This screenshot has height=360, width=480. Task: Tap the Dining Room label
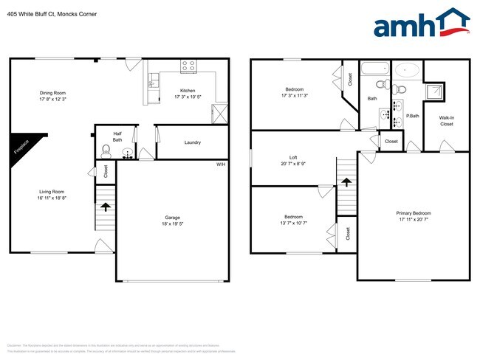pos(53,93)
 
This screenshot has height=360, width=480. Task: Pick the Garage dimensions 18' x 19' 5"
pos(173,223)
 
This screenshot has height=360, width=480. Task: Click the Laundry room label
pos(193,142)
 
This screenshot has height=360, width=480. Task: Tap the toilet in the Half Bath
pos(106,153)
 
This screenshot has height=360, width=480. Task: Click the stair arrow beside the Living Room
pos(106,207)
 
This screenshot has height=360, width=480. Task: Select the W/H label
pos(220,164)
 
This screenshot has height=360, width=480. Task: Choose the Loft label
pos(293,157)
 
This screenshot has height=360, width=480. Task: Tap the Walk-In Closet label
pos(447,121)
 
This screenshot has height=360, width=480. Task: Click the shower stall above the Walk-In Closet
pos(436,92)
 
